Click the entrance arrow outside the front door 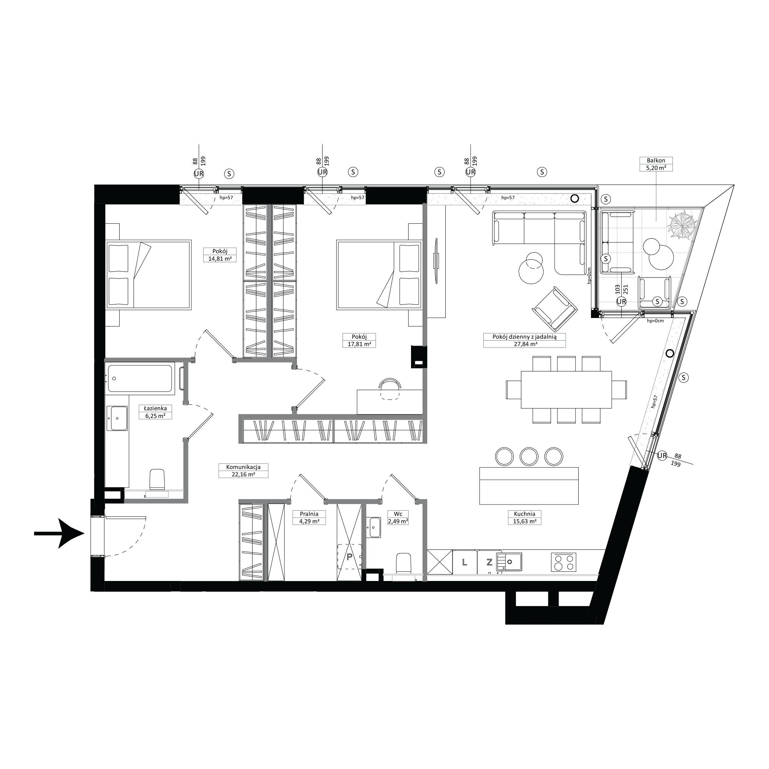(x=59, y=533)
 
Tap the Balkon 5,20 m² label (x=656, y=164)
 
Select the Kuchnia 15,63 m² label (x=524, y=518)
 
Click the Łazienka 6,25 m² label (x=152, y=412)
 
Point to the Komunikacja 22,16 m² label (x=243, y=471)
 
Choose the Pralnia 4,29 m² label (x=309, y=518)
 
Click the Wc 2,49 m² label (x=398, y=518)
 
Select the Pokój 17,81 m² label (x=359, y=340)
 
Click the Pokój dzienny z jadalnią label (x=524, y=336)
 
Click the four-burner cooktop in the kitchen (x=564, y=563)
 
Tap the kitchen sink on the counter (x=509, y=562)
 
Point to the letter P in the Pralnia (x=350, y=557)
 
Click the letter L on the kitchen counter (x=464, y=562)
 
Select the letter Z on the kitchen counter (x=489, y=562)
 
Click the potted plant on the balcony (x=682, y=226)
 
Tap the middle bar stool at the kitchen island (x=529, y=456)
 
